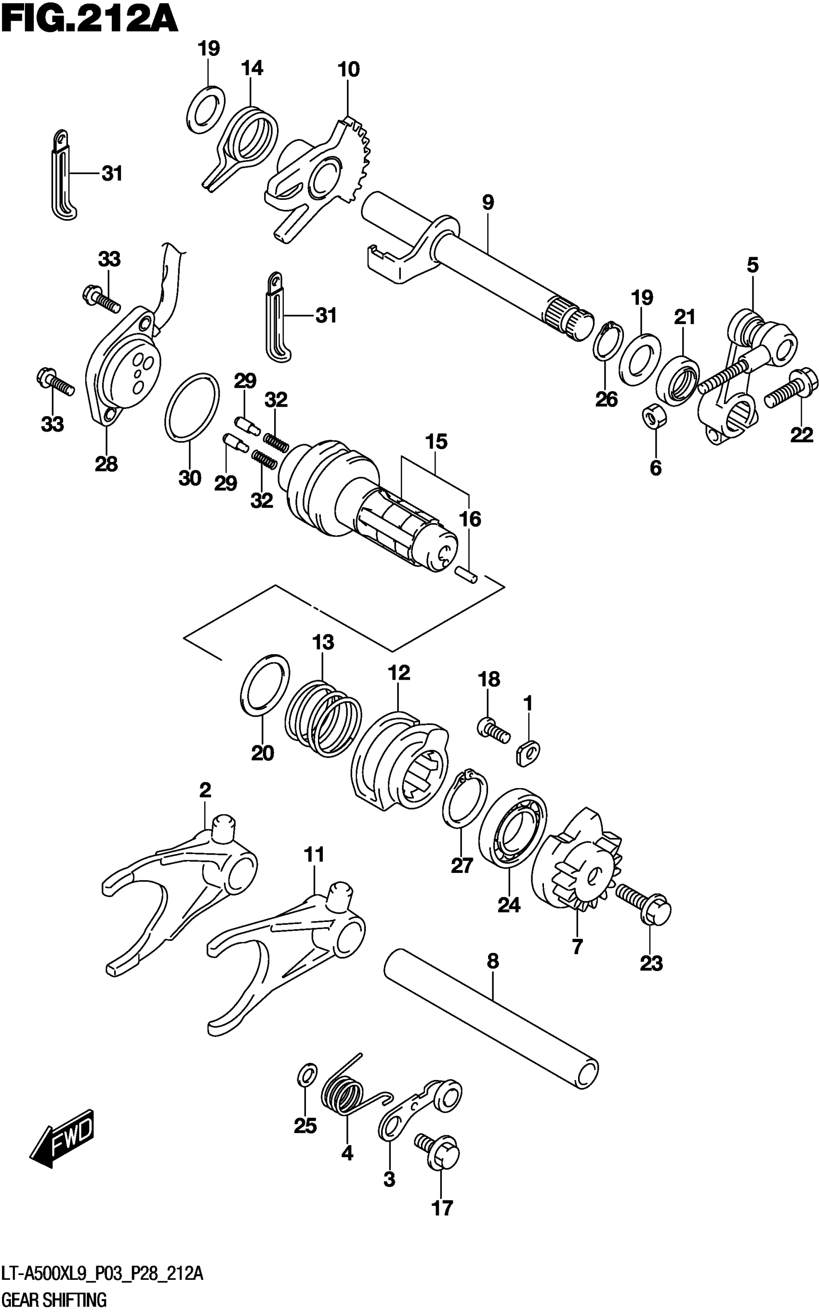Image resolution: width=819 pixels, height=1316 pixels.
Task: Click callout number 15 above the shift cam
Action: point(436,442)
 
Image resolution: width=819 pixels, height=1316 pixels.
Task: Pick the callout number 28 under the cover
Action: point(106,464)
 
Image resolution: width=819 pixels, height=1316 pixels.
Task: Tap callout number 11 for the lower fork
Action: point(314,855)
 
